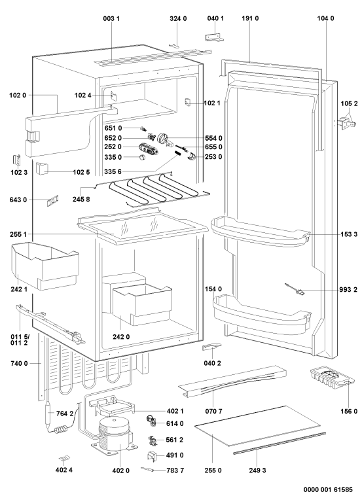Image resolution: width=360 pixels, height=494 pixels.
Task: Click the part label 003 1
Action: click(111, 18)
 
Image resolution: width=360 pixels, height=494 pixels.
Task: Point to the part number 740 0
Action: click(19, 364)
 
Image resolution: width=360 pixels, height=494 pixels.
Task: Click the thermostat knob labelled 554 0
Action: click(163, 137)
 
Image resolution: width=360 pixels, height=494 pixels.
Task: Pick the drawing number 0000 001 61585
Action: click(328, 489)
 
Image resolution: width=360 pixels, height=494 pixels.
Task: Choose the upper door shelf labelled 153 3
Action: click(261, 232)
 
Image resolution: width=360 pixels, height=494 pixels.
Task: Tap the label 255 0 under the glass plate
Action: click(213, 470)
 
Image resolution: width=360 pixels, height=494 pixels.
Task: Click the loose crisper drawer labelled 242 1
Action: click(45, 266)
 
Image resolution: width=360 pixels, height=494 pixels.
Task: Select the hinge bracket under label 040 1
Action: click(215, 37)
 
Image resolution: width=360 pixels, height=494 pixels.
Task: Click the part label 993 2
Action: click(350, 290)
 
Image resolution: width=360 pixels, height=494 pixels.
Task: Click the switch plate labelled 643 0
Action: click(53, 200)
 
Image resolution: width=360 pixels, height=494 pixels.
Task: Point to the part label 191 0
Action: click(250, 18)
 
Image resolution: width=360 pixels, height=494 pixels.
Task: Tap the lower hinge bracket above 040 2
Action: click(211, 347)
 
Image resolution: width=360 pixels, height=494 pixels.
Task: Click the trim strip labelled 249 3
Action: click(279, 443)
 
